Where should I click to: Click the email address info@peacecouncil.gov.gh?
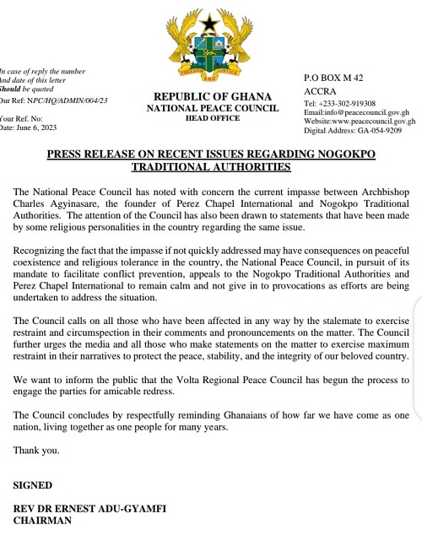coord(369,112)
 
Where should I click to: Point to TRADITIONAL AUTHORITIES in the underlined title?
coord(211,167)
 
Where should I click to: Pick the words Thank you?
coord(36,451)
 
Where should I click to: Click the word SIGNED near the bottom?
coord(33,485)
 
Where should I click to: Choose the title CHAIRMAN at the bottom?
coord(42,521)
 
